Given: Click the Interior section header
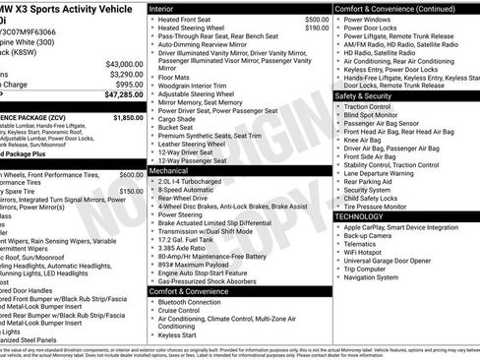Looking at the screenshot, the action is [x=168, y=8].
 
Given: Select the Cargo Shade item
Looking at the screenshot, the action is [x=181, y=117].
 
